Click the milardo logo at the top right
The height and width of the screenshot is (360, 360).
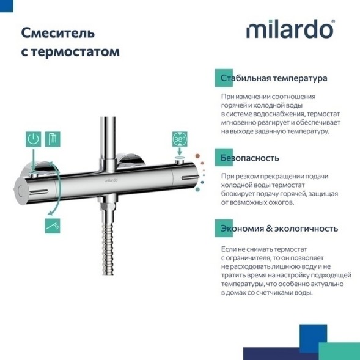(290, 30)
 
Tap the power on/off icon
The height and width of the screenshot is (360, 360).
(35, 139)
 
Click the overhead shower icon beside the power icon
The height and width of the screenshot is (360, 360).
(54, 139)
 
